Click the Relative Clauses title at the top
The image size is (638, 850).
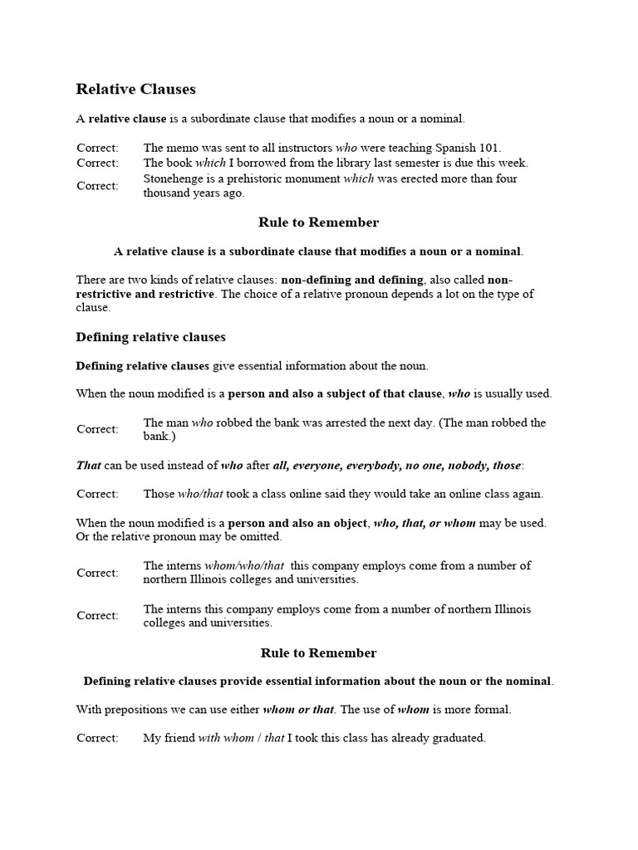pos(136,89)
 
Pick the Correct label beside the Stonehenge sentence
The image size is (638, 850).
pos(97,186)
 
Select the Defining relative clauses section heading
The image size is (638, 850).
pos(150,337)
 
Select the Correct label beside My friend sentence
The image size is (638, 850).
pos(97,738)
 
